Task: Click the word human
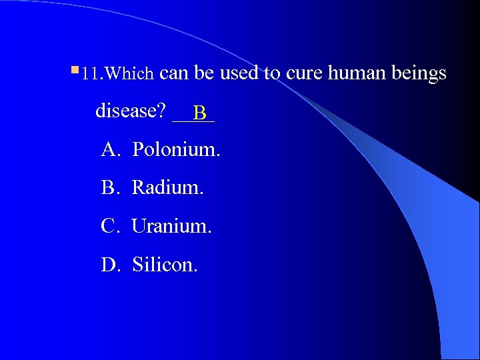[x=355, y=73]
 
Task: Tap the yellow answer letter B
[x=200, y=113]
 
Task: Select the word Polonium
[x=176, y=150]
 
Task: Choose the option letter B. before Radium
[x=111, y=188]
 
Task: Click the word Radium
[x=167, y=188]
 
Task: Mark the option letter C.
[x=111, y=227]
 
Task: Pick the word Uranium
[x=171, y=227]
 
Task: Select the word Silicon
[x=165, y=265]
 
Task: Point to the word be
[x=205, y=73]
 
